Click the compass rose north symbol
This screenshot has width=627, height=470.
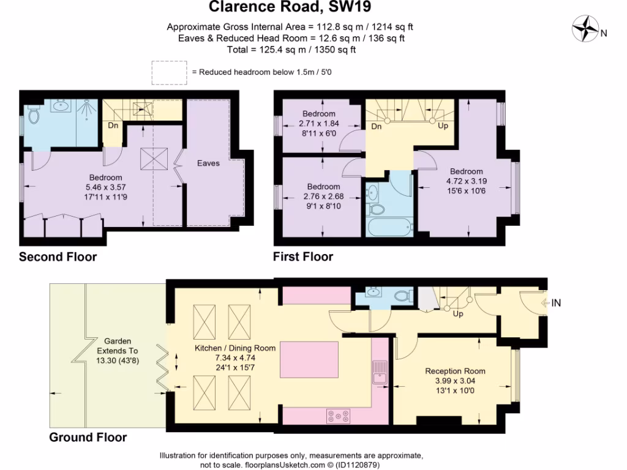tap(587, 29)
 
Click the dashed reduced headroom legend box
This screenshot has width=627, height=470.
tap(170, 72)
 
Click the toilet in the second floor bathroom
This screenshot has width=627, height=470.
tap(34, 114)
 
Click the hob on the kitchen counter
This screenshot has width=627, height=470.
tap(339, 416)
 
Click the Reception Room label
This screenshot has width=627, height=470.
tap(455, 371)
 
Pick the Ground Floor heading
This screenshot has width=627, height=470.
tap(88, 438)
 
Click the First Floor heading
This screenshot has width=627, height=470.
tap(303, 257)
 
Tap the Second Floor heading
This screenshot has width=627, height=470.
tap(58, 257)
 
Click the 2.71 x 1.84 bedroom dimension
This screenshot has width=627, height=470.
tap(318, 122)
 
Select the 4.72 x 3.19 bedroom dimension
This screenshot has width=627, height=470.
tap(466, 181)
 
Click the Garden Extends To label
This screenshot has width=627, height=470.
tap(117, 351)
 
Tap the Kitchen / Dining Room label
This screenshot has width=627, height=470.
tap(235, 348)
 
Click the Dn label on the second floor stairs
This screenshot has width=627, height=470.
tap(113, 126)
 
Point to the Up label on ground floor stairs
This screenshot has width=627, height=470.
tap(457, 313)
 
